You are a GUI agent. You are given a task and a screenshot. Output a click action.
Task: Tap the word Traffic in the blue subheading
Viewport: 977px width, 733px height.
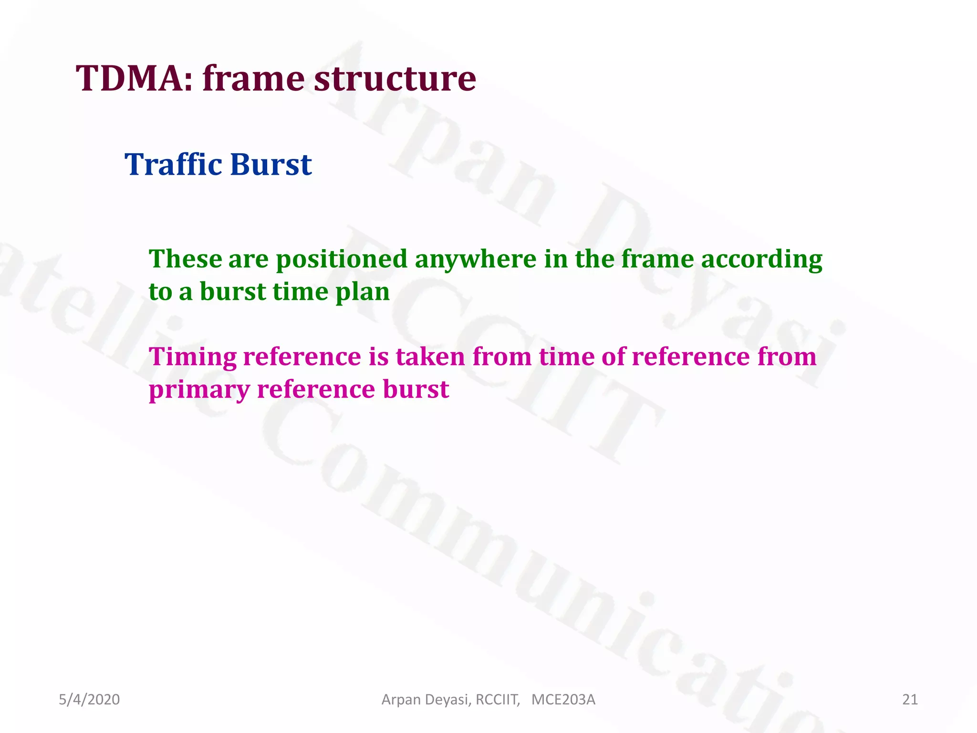[x=173, y=164]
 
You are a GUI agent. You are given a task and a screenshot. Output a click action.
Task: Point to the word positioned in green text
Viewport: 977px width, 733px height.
[x=342, y=259]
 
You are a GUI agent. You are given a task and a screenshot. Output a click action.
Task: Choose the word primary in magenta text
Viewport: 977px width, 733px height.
[x=199, y=389]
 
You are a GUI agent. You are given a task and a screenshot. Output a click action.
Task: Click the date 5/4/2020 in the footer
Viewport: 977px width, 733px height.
[x=89, y=700]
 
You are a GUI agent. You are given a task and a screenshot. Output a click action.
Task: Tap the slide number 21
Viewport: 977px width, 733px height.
[x=910, y=700]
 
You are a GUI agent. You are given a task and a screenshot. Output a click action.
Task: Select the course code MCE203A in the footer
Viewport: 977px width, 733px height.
[x=563, y=700]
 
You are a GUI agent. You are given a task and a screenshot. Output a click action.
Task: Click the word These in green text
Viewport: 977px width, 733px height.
[x=185, y=259]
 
